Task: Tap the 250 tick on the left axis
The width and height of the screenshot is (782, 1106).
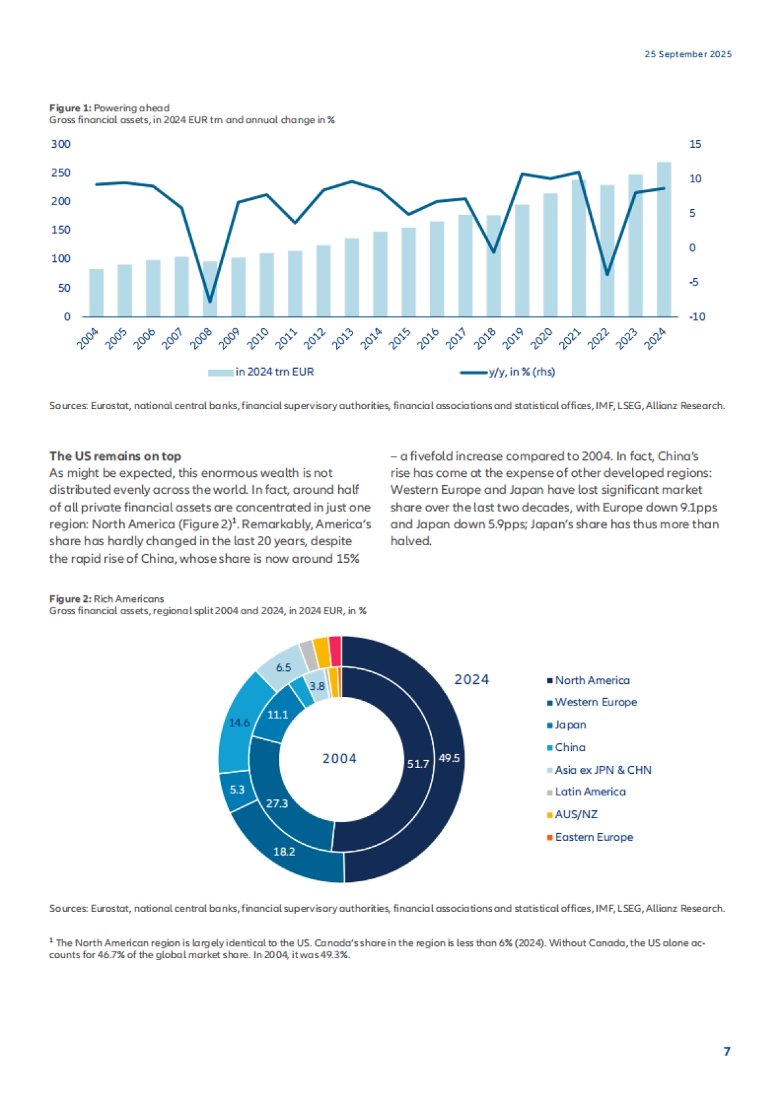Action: (61, 173)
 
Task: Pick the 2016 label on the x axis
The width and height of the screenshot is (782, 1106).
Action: (428, 339)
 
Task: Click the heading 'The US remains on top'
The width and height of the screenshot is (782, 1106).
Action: (115, 456)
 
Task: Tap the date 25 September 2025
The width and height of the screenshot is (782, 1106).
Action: (688, 54)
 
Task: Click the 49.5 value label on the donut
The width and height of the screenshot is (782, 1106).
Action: (449, 758)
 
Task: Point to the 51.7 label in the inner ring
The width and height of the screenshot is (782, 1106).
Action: (418, 763)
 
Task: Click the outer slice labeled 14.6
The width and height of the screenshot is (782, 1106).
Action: (239, 722)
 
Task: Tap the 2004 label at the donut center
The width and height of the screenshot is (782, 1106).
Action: (340, 758)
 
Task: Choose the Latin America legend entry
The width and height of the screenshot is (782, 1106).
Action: (590, 792)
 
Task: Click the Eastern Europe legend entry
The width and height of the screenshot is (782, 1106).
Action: (594, 837)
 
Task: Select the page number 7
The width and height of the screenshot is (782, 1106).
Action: (727, 1051)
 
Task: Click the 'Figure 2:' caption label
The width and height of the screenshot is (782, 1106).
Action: (70, 599)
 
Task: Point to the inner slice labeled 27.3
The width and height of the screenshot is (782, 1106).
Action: (277, 803)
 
